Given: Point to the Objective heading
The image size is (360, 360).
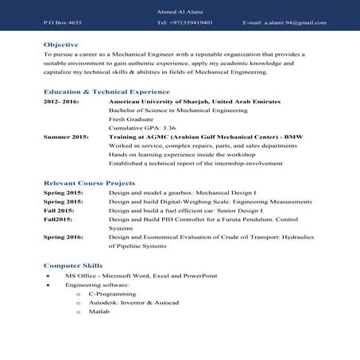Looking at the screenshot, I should [60, 45].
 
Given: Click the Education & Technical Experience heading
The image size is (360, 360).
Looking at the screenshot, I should [106, 91].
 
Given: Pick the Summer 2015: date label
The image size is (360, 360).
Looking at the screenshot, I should [65, 137].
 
